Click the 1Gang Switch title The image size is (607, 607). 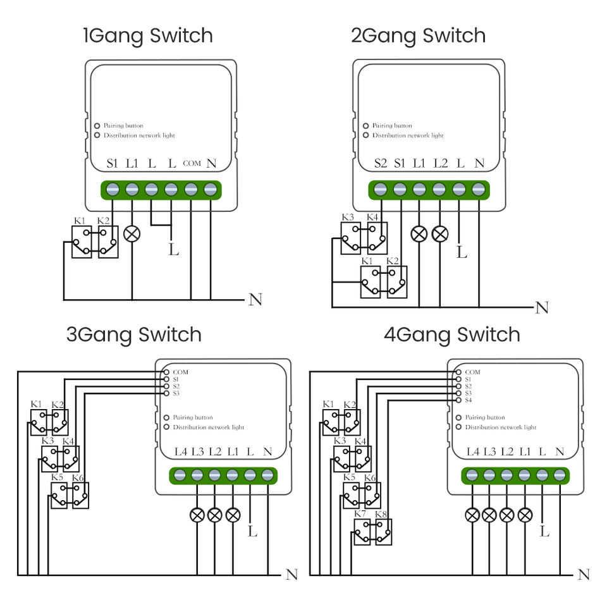(148, 36)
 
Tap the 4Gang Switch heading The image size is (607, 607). (451, 335)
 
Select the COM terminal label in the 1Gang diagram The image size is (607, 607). (192, 163)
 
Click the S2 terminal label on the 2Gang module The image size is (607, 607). (381, 163)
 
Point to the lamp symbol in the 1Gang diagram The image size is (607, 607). (132, 234)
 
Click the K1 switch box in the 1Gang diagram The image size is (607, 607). (82, 242)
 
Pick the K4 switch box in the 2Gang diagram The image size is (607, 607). (377, 238)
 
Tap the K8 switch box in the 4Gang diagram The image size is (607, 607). (383, 532)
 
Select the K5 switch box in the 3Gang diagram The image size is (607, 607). (59, 496)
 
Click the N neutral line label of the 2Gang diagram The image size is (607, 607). (542, 308)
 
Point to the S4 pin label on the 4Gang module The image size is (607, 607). (469, 400)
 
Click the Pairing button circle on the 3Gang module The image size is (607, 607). (166, 418)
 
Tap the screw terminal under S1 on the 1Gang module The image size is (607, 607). (113, 190)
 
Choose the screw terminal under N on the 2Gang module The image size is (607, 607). (479, 190)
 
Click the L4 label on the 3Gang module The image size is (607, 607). (181, 451)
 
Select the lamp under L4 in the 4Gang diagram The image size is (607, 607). (472, 515)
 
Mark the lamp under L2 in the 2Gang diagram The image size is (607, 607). (440, 234)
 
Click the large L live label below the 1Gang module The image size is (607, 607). (174, 249)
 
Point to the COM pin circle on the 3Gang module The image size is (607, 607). (166, 372)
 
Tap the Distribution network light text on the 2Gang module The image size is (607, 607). (408, 135)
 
